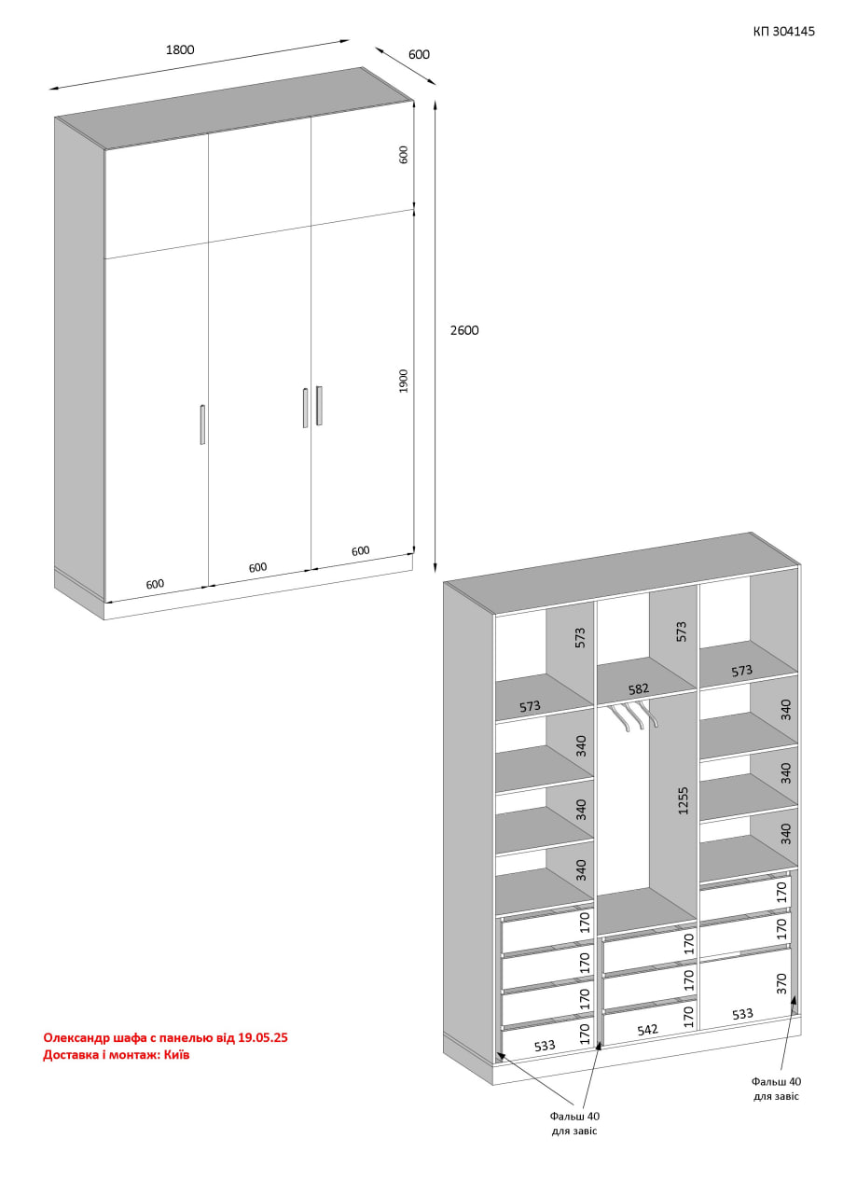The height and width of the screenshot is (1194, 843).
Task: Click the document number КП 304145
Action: point(783,32)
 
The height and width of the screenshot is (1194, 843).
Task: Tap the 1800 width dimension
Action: point(180,50)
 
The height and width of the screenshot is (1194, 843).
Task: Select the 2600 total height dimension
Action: point(464,330)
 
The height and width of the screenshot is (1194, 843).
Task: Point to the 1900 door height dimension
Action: point(404,382)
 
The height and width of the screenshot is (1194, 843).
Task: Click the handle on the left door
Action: point(202,424)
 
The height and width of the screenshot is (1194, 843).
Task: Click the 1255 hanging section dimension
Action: point(684,800)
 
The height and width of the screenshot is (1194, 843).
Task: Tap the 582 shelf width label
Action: point(638,689)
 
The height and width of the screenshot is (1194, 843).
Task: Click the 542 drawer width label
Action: point(647,1030)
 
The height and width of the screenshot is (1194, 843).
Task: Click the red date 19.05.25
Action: point(263,1037)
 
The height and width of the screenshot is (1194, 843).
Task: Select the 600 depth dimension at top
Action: point(419,54)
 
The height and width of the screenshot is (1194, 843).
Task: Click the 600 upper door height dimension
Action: point(404,155)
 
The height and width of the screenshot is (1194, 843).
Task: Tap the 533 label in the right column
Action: point(742,1013)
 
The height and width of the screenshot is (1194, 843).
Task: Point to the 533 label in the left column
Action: point(544,1046)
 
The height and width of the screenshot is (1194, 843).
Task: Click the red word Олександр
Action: point(76,1038)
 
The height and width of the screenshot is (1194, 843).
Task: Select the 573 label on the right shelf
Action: point(741,671)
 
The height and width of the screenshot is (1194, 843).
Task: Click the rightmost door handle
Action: point(319,406)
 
